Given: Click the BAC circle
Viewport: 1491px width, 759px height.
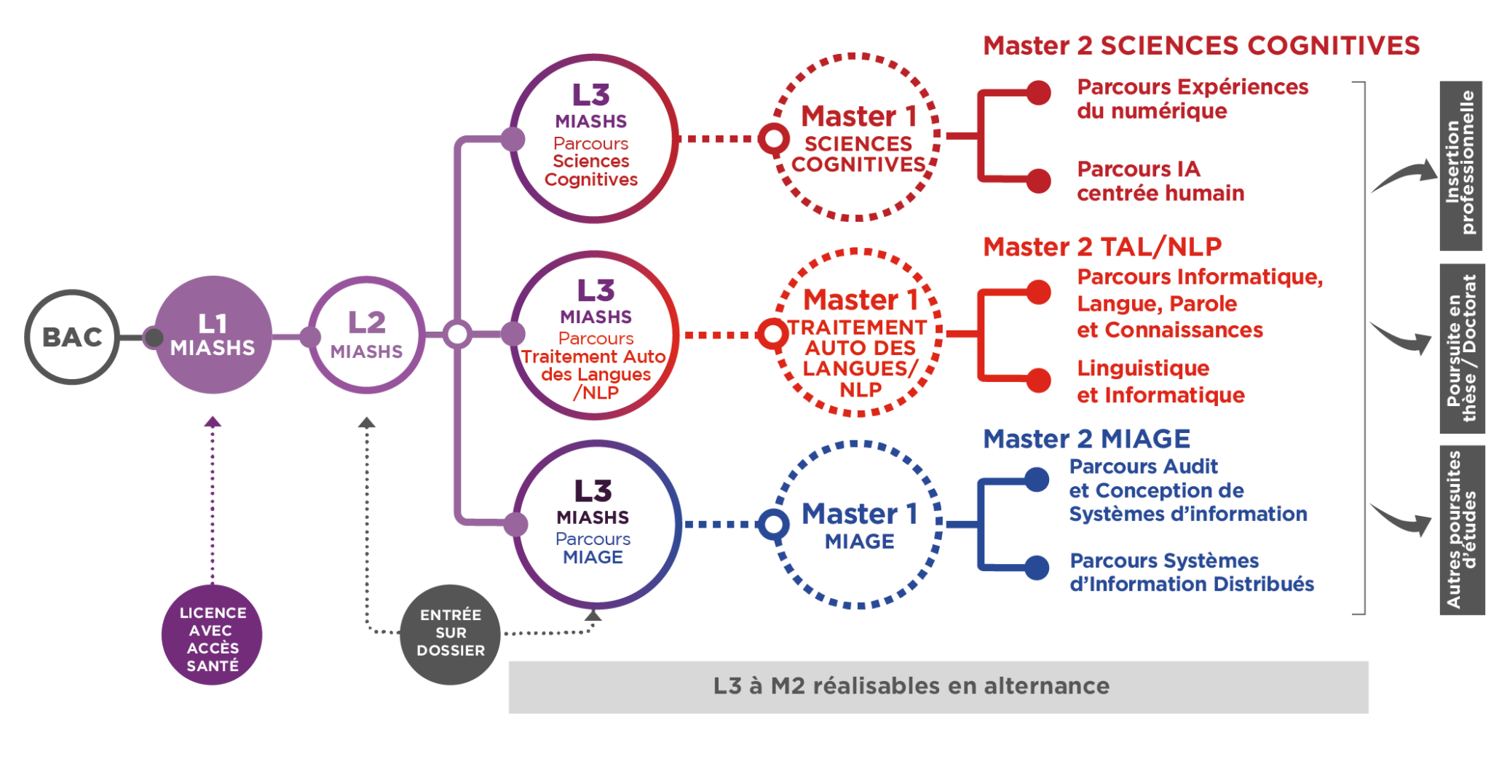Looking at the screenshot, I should pos(72,337).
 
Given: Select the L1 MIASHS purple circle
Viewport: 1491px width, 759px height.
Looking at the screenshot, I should pos(213,335).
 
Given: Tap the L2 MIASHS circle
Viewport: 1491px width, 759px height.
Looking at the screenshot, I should pos(366,335).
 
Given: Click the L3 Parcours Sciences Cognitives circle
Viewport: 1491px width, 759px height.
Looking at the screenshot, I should pos(593,138).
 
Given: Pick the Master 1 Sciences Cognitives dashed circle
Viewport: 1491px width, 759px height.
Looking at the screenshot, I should pos(858,137).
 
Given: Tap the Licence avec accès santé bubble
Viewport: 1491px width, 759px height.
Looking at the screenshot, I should pos(212,635).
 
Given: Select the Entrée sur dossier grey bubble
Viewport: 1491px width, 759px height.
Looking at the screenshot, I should pos(450,634).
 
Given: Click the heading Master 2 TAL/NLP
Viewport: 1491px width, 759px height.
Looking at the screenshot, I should pos(1102,247).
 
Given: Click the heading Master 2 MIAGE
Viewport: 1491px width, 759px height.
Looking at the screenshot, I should pos(1086,439).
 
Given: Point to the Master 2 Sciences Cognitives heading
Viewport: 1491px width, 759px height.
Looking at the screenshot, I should pos(1201,45).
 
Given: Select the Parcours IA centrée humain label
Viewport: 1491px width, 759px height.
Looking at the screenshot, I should pos(1160,181).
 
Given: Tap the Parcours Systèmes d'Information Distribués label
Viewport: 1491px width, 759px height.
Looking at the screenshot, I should pos(1192,573).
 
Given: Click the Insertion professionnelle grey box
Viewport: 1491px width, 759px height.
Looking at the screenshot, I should pos(1461,165).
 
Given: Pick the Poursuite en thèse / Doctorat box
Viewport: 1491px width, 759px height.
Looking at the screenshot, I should pos(1461,349).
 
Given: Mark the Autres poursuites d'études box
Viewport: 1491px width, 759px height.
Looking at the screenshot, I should pos(1461,530).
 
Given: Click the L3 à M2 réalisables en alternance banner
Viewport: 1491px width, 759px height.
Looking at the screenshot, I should pos(938,687).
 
